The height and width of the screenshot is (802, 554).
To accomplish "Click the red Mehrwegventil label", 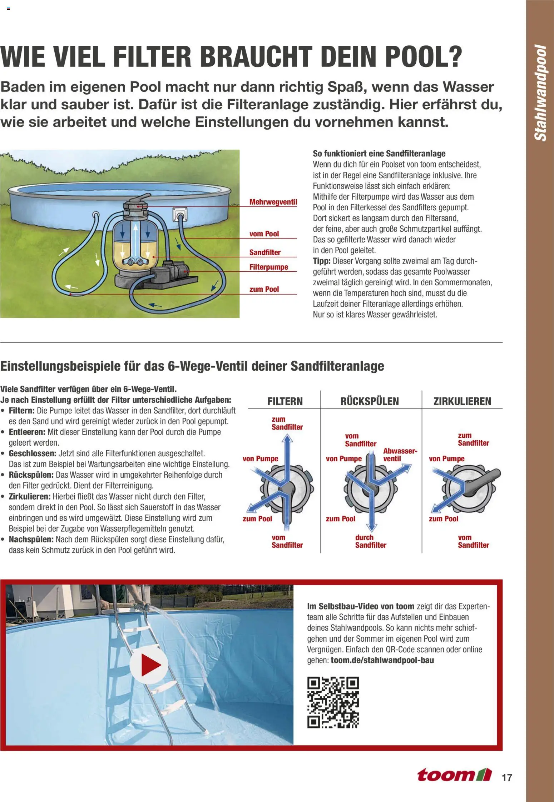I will [273, 202].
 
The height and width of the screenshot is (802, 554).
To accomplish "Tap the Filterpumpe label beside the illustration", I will [268, 267].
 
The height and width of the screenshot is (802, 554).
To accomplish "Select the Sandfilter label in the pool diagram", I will [265, 252].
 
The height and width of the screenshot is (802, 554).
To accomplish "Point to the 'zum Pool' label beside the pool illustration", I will [264, 289].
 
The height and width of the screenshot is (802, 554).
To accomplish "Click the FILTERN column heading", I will [285, 401].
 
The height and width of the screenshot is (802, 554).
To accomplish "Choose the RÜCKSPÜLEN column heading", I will [370, 401].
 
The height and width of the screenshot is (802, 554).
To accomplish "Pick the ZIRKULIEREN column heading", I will [462, 401].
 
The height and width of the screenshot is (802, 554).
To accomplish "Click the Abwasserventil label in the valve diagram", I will [400, 455].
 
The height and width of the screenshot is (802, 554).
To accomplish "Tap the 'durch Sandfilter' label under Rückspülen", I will [370, 541].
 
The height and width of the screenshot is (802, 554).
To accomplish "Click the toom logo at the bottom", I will [454, 775].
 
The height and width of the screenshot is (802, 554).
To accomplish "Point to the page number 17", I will [507, 777].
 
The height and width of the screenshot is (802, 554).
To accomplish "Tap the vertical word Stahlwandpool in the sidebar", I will [540, 93].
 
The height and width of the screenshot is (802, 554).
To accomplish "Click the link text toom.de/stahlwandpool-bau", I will [382, 660].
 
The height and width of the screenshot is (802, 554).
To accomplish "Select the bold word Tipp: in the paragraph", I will [322, 261].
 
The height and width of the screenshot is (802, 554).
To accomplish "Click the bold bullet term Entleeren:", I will [27, 432].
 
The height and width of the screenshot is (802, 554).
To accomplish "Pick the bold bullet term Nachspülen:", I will [31, 539].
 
